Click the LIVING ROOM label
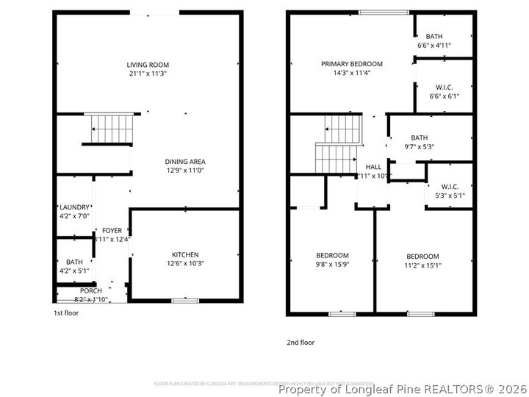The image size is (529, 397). (x=148, y=65)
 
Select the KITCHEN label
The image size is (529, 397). (x=184, y=255)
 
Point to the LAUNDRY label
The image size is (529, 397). (x=74, y=207)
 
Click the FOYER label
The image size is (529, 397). (x=112, y=230)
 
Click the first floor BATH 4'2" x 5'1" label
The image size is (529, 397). (x=74, y=262)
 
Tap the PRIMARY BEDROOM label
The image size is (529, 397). (x=351, y=64)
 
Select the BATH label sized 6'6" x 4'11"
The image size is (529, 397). (x=434, y=36)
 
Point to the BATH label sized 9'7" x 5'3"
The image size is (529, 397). (x=420, y=137)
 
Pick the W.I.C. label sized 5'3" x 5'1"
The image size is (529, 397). (x=450, y=187)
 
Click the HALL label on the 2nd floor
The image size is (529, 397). (x=373, y=167)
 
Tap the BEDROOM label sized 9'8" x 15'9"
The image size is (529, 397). (x=332, y=255)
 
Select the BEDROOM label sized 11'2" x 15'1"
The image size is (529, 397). (x=423, y=256)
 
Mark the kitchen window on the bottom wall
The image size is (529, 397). (x=184, y=300)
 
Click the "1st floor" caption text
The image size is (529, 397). (x=66, y=312)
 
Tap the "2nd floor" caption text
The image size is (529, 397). (x=300, y=342)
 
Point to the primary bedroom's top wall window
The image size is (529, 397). (x=384, y=12)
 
